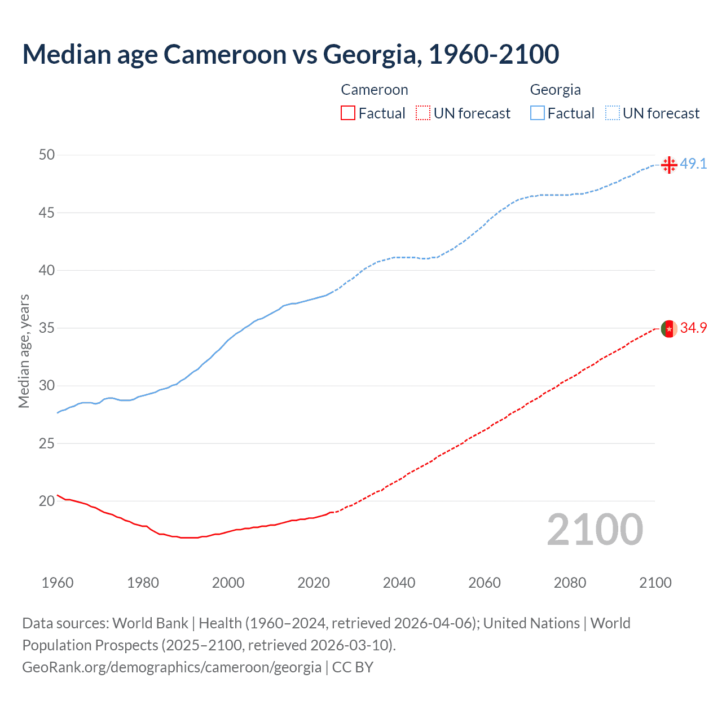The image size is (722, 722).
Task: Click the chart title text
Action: tap(290, 54)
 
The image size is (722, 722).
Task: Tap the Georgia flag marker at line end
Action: tap(669, 165)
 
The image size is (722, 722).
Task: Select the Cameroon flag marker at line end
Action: tap(669, 328)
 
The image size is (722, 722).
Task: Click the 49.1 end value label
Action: tap(693, 164)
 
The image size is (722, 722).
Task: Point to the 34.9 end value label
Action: tap(693, 328)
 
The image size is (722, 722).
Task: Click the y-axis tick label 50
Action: tap(47, 155)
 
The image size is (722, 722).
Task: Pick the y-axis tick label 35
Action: tap(47, 328)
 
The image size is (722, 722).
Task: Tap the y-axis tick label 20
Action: tap(47, 501)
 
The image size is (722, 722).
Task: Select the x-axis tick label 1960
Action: tap(58, 583)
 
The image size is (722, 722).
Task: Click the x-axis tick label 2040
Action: tap(399, 583)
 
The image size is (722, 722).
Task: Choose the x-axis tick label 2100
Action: tap(655, 583)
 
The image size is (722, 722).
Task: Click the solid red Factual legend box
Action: tap(348, 113)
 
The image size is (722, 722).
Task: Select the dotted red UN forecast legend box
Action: tap(423, 113)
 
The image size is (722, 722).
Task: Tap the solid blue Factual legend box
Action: tap(537, 113)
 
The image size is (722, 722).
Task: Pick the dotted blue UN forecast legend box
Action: tap(612, 113)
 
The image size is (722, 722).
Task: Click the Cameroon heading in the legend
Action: tap(375, 90)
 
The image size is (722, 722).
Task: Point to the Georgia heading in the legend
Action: tap(555, 90)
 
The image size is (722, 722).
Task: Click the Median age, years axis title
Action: tap(24, 351)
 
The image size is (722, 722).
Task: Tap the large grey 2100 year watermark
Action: tap(595, 530)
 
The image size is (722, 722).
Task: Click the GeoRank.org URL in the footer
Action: tap(171, 667)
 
